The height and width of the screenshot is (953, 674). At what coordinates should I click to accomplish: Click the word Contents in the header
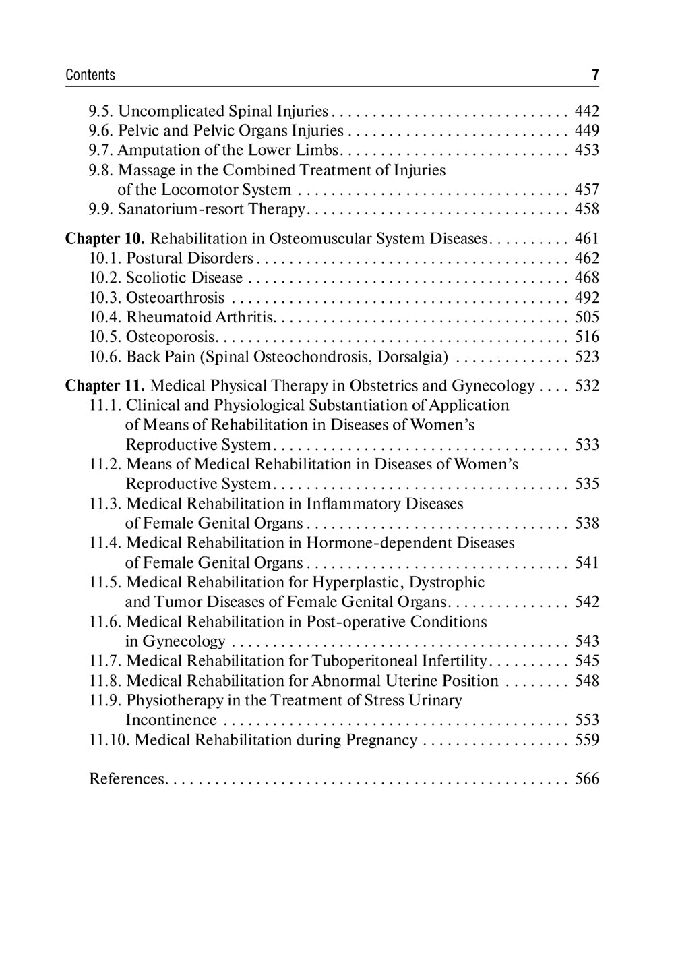(x=90, y=75)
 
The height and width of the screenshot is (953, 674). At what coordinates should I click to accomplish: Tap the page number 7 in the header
(x=595, y=75)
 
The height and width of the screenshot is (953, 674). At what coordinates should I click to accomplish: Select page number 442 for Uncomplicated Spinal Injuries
(x=586, y=111)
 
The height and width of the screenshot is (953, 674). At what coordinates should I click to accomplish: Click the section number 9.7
(x=101, y=150)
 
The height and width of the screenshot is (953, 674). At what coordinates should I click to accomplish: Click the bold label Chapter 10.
(x=104, y=239)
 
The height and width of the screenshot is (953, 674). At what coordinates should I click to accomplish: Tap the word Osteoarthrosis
(x=175, y=298)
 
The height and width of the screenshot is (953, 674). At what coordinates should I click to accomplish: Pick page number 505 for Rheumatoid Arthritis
(x=586, y=318)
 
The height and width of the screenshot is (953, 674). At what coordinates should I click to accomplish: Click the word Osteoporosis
(x=171, y=337)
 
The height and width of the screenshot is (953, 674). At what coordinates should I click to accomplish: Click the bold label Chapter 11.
(x=104, y=386)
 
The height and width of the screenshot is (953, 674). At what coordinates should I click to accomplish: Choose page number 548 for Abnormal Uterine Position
(x=586, y=681)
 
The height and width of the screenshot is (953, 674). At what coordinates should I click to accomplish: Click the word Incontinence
(x=171, y=720)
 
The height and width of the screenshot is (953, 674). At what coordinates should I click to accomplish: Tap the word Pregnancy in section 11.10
(x=381, y=740)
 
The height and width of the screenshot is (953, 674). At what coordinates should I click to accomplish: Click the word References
(x=127, y=779)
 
